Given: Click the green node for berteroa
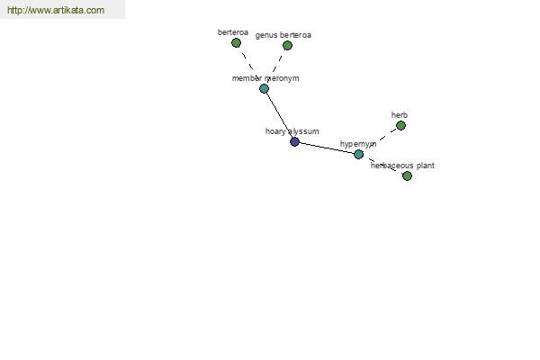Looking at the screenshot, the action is pos(236,43).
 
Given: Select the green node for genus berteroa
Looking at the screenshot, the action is pos(287,46).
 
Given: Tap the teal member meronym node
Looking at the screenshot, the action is pos(264,89).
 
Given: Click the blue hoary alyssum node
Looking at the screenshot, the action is pos(294,141).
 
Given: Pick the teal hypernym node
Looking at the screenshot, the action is pos(358,154).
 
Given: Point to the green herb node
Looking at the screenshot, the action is pos(400,126).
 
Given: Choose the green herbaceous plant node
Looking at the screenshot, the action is pos(407,176).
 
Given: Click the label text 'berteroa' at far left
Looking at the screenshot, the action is pos(233,32).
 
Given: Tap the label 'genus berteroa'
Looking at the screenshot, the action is pos(283,35).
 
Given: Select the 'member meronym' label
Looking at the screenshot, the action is pos(265,78).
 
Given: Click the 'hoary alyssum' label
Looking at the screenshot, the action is pos(292,131).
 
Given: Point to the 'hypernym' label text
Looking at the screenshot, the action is pos(358,144).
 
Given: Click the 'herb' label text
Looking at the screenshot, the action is pos(399,115).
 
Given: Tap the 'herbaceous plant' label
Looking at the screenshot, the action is pos(402,166).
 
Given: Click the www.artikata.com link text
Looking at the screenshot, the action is pos(56,10).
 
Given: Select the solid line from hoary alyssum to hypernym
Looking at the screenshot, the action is pos(327,148).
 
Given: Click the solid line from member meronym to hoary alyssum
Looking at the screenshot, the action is pos(279,115).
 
